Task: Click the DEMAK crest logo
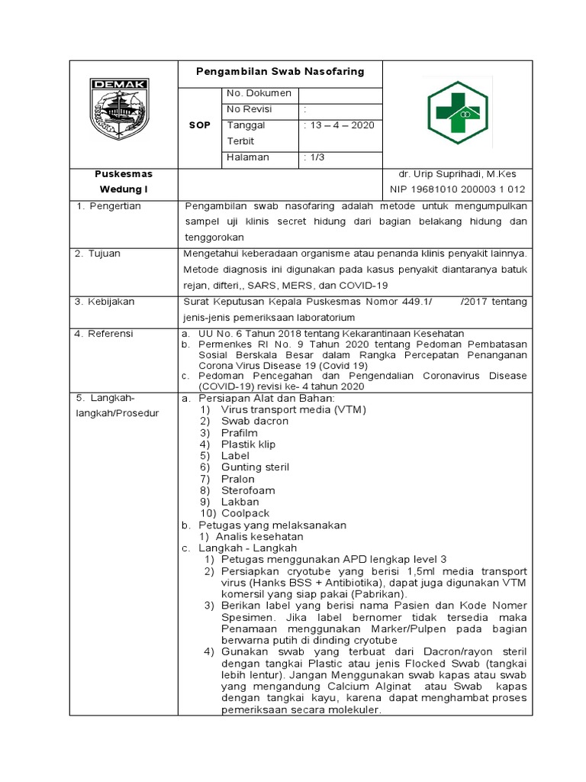point(121,108)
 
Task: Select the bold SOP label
point(199,125)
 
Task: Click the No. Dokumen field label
point(259,93)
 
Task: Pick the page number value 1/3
point(315,157)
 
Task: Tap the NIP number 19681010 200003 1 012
point(458,189)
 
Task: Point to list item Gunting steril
point(255,467)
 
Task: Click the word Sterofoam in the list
point(248,490)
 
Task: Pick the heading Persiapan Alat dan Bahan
point(266,398)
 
